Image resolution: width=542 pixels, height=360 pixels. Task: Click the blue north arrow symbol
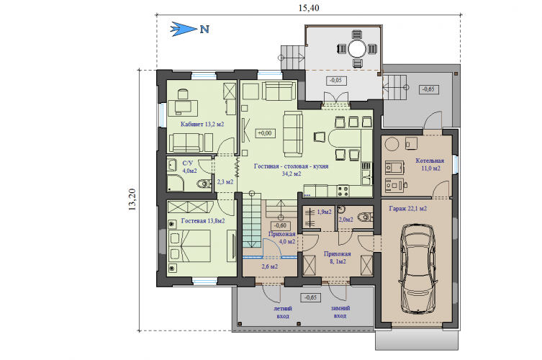pyautogui.click(x=184, y=29)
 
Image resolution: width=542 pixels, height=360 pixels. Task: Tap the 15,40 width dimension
pyautogui.click(x=309, y=8)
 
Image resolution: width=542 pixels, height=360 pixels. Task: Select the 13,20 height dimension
pyautogui.click(x=132, y=199)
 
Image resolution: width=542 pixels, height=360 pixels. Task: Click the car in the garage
pyautogui.click(x=417, y=269)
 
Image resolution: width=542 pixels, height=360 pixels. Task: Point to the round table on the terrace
pyautogui.click(x=357, y=49)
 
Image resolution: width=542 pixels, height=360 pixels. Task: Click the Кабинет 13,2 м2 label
pyautogui.click(x=202, y=124)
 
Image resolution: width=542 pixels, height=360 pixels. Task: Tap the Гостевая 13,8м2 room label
pyautogui.click(x=203, y=220)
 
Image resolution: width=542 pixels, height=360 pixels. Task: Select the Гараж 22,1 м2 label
pyautogui.click(x=408, y=209)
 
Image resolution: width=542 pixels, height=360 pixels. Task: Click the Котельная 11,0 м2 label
pyautogui.click(x=430, y=165)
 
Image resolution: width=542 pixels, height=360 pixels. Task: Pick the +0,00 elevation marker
pyautogui.click(x=266, y=133)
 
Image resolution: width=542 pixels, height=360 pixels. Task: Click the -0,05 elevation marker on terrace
pyautogui.click(x=336, y=80)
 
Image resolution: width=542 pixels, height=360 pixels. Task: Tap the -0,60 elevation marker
pyautogui.click(x=280, y=225)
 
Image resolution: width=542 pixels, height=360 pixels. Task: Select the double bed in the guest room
pyautogui.click(x=189, y=246)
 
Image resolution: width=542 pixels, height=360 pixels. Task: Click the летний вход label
pyautogui.click(x=283, y=312)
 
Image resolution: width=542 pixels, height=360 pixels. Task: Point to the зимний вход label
pyautogui.click(x=340, y=312)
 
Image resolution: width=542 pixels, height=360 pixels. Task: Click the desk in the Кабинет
pyautogui.click(x=184, y=107)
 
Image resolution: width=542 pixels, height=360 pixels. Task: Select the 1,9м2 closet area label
pyautogui.click(x=324, y=212)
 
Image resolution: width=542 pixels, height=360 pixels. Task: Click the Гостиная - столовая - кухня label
pyautogui.click(x=291, y=166)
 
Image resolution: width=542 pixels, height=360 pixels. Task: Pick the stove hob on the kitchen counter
pyautogui.click(x=343, y=192)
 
